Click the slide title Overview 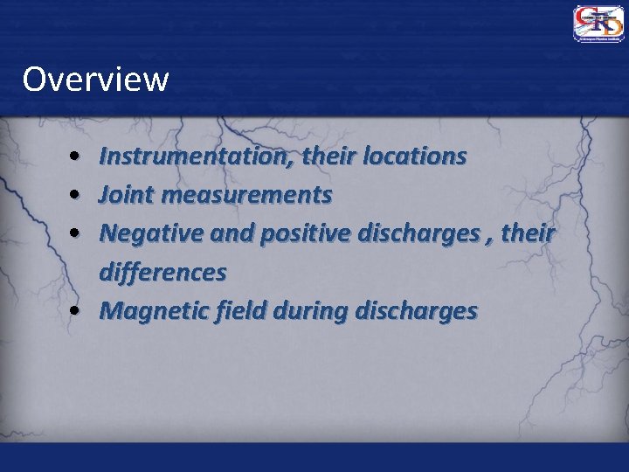point(95,79)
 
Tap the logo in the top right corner point(598,24)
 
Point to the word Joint point(124,195)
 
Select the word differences point(162,272)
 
